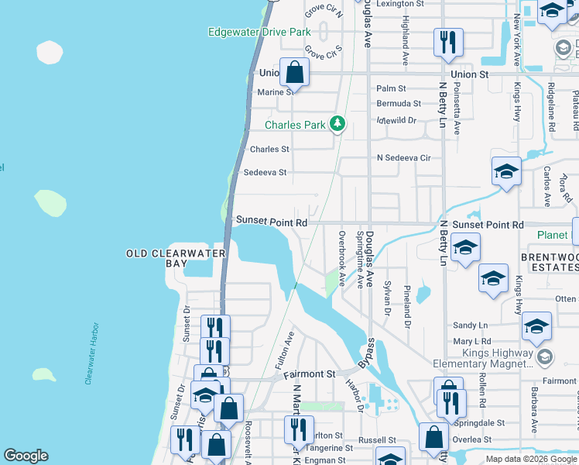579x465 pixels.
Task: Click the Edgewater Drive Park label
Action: (259, 32)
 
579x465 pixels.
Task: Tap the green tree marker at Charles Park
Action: (337, 123)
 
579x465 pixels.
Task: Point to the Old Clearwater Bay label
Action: (176, 258)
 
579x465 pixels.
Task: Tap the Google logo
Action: (26, 456)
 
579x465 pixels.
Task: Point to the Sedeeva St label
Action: (266, 173)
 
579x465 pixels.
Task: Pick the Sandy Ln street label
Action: (471, 325)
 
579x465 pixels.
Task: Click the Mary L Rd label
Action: (472, 341)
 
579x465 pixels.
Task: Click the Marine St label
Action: (276, 92)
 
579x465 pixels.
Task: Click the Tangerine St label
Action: (329, 448)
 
